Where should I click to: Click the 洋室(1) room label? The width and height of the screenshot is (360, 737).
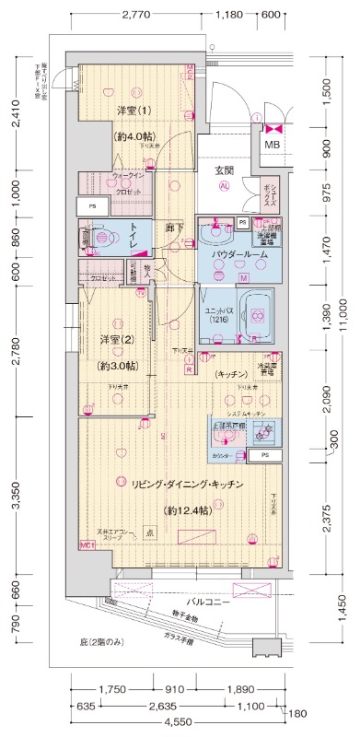tap(133, 111)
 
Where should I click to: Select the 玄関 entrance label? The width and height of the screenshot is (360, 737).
tap(224, 170)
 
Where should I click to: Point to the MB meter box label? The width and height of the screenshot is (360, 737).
tap(273, 145)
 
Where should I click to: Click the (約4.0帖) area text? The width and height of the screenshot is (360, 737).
tap(133, 135)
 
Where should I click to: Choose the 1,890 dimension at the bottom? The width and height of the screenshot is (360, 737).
tap(240, 688)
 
